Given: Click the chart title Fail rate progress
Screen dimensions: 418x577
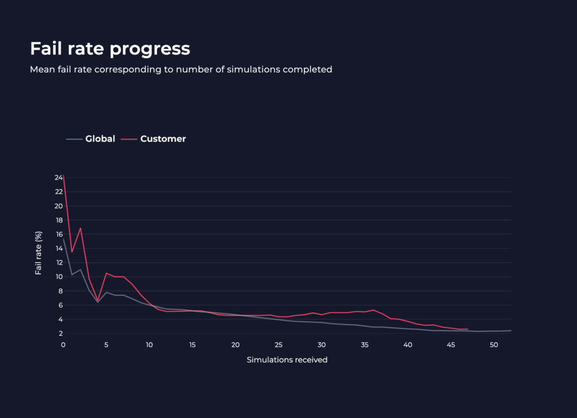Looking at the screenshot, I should click(x=110, y=49).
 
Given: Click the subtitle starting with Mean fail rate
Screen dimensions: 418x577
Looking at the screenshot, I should click(x=181, y=70).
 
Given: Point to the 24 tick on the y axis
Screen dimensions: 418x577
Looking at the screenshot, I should click(x=58, y=177).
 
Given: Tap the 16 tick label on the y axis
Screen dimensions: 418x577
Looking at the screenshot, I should click(x=58, y=234).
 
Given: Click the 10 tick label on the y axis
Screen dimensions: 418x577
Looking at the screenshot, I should click(x=58, y=277).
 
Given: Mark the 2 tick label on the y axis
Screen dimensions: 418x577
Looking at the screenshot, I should click(x=60, y=334).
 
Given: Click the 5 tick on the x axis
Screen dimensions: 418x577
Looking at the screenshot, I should click(x=106, y=345).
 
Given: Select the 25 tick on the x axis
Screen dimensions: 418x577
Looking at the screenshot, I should click(x=278, y=345).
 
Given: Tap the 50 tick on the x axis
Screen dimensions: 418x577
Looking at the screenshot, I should click(x=494, y=345).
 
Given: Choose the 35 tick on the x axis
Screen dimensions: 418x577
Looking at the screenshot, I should click(x=365, y=345).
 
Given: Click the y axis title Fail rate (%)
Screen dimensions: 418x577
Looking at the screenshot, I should click(x=39, y=252).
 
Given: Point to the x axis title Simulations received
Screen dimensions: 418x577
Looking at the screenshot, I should click(x=287, y=359).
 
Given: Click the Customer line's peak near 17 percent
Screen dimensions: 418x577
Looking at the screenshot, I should click(x=81, y=228).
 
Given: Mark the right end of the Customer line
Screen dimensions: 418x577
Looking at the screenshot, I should click(x=468, y=329).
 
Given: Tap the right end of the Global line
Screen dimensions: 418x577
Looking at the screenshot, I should click(x=511, y=330).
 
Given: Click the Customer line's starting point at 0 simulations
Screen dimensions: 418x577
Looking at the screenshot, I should click(x=63, y=175).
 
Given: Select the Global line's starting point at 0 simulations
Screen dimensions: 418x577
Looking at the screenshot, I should click(x=63, y=239).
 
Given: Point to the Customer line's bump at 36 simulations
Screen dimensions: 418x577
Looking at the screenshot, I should click(x=374, y=310).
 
